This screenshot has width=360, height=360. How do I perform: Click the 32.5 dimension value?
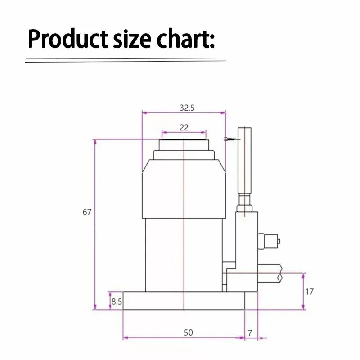tap(187, 108)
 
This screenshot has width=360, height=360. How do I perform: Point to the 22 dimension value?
tap(184, 127)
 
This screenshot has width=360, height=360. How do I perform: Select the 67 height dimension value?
tap(87, 212)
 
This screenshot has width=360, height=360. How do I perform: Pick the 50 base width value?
tap(188, 333)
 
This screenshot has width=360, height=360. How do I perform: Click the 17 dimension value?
tap(309, 292)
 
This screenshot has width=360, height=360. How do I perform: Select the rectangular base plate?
tap(184, 301)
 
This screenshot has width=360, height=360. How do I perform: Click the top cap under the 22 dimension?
tap(184, 145)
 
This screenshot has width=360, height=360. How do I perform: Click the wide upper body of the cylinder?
tap(184, 189)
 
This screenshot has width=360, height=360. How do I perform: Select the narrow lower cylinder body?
tap(184, 254)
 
